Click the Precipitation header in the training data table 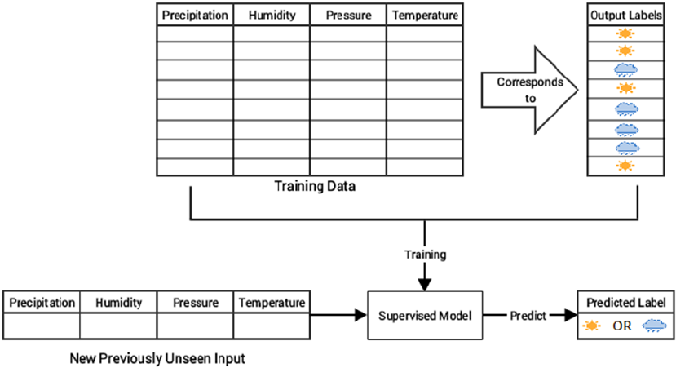point(194,16)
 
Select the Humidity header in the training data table point(271,16)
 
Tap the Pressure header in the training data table point(347,16)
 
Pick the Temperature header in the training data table point(424,16)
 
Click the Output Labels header point(625,16)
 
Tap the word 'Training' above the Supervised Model point(425,255)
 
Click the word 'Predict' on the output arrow point(528,314)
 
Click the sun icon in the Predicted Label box point(594,326)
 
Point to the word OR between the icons point(624,326)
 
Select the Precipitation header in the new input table point(42,303)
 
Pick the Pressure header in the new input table point(196,303)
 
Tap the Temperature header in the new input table point(272,303)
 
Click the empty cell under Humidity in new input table point(119,326)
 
